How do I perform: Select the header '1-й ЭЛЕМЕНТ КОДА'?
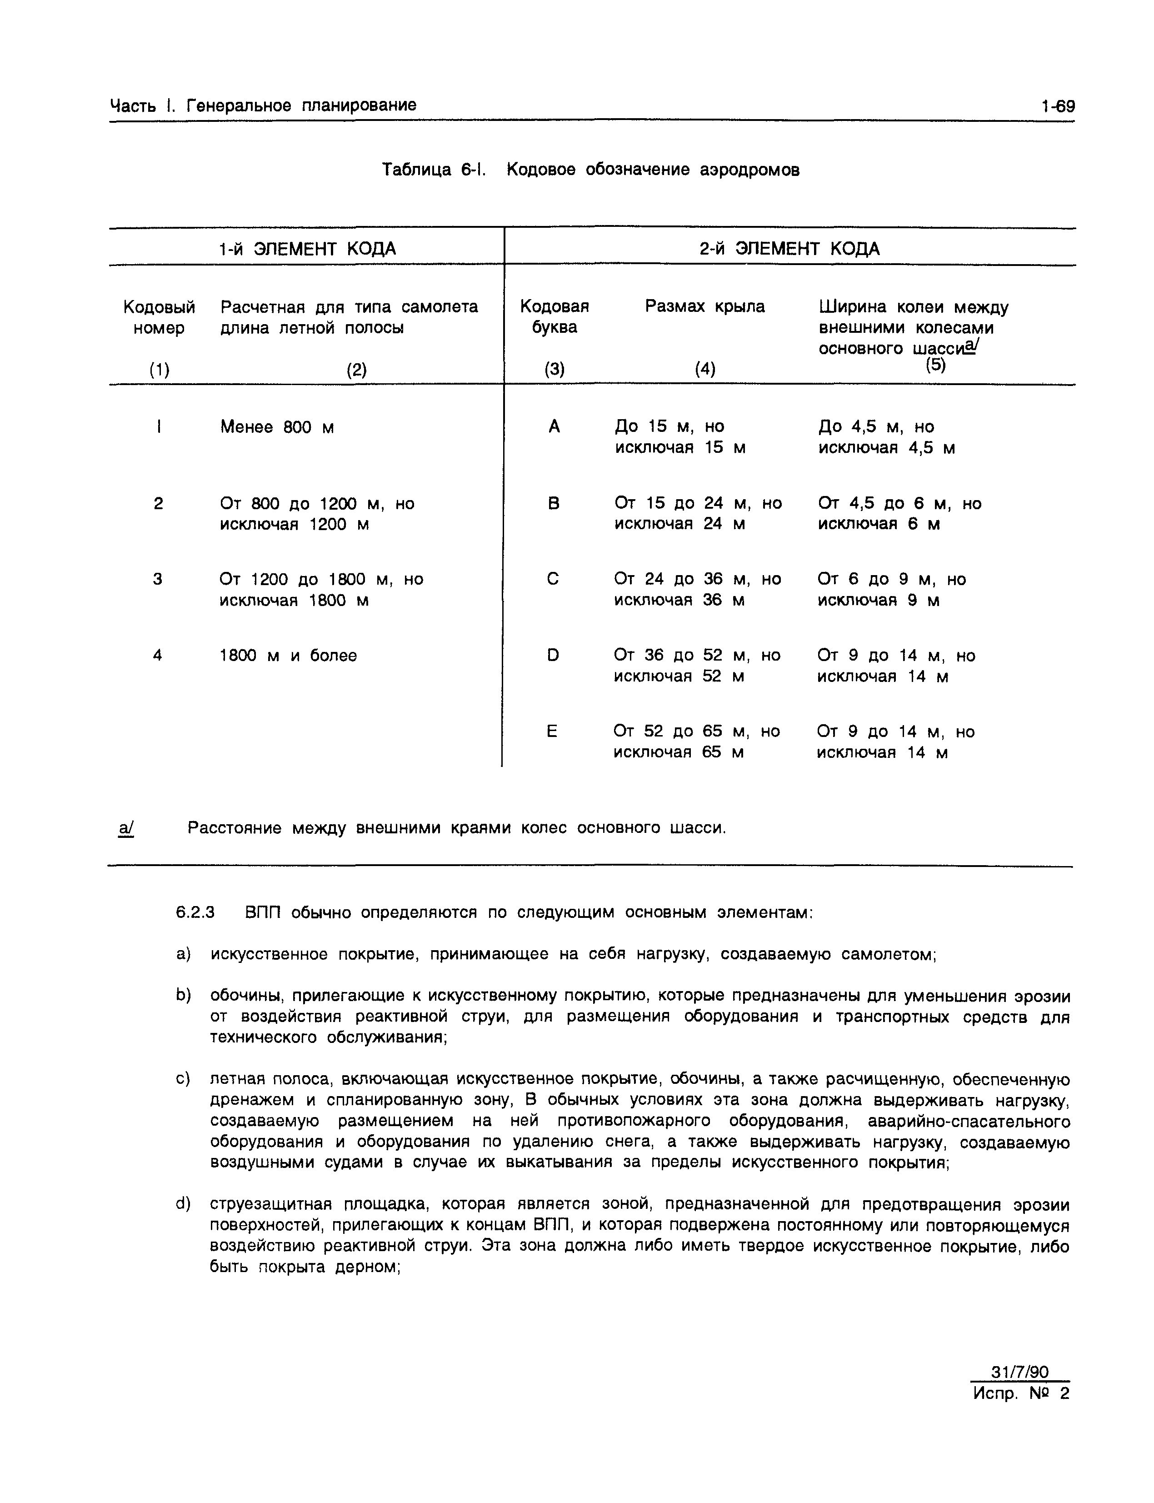tap(307, 249)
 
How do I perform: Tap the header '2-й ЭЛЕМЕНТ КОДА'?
tap(789, 249)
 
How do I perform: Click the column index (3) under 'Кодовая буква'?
tap(555, 370)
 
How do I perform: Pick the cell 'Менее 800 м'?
tap(277, 427)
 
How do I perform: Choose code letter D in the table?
tap(553, 655)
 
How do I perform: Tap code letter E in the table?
tap(552, 731)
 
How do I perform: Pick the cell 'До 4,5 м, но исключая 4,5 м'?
tap(886, 437)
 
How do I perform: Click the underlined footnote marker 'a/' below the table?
tap(126, 828)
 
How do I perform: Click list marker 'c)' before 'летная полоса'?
tap(183, 1079)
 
